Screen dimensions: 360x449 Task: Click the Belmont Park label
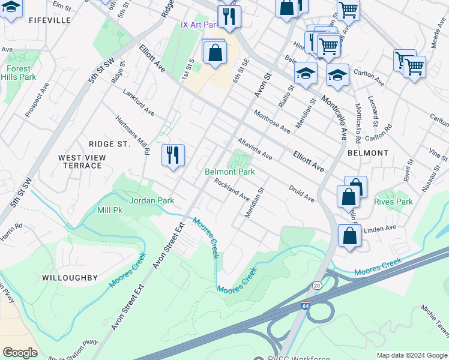230,172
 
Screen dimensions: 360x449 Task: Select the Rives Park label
393,202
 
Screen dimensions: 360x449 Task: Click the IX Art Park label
199,25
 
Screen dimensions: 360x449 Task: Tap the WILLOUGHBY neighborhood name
70,278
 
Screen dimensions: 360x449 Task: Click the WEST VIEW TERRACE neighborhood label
82,161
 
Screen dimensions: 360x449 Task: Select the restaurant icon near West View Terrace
173,155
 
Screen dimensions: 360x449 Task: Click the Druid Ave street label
301,193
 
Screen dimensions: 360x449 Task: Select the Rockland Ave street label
232,190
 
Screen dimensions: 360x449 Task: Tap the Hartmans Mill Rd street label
132,135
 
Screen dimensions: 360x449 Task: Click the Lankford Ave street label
139,103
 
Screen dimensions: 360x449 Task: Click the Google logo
20,353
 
